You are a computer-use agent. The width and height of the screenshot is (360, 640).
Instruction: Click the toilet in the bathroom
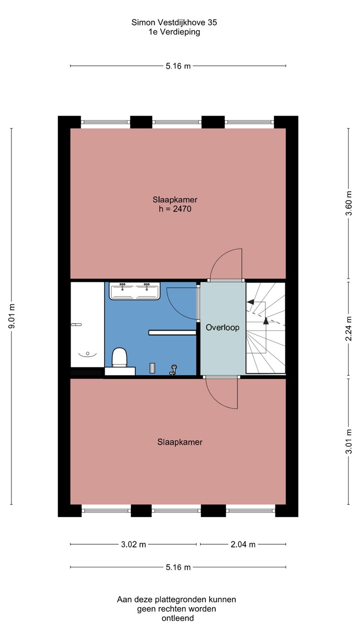pyautogui.click(x=119, y=357)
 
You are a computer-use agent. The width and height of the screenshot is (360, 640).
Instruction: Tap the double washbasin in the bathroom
pyautogui.click(x=135, y=291)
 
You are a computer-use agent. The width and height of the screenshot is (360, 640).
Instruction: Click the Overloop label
pyautogui.click(x=223, y=328)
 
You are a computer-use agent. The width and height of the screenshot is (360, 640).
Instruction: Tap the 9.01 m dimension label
pyautogui.click(x=12, y=316)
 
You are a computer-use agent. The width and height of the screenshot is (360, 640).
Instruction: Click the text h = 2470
pyautogui.click(x=175, y=209)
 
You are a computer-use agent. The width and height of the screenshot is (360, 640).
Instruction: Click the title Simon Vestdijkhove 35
pyautogui.click(x=174, y=23)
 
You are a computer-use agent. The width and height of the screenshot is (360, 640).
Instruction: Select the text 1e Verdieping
pyautogui.click(x=174, y=32)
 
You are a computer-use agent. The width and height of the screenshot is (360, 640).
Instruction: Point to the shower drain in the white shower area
pyautogui.click(x=88, y=354)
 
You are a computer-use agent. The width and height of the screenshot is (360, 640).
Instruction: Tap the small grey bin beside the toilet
pyautogui.click(x=152, y=368)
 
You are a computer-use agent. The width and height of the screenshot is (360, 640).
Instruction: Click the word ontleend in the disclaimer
pyautogui.click(x=178, y=618)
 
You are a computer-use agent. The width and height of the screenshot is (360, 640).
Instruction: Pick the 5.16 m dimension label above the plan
pyautogui.click(x=178, y=66)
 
